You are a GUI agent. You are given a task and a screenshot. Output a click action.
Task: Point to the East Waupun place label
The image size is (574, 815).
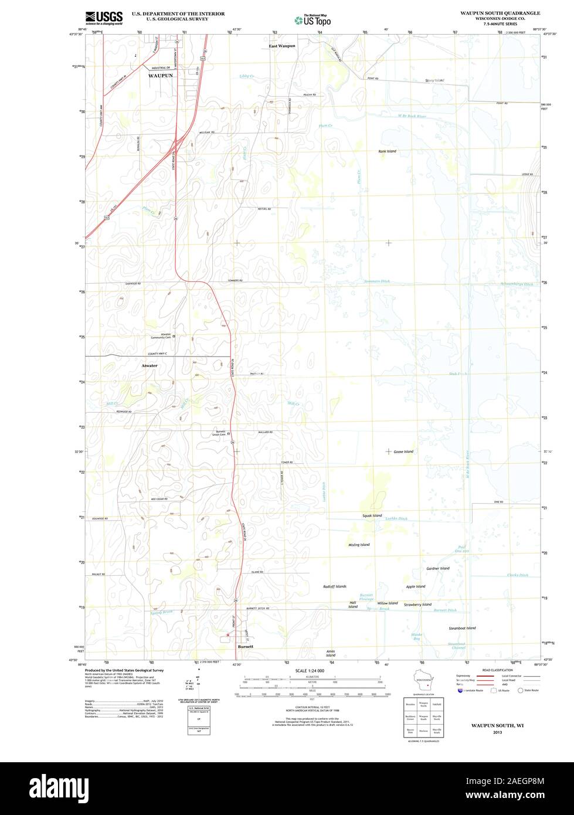point(282,46)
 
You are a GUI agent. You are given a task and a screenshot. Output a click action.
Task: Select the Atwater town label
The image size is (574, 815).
point(150,365)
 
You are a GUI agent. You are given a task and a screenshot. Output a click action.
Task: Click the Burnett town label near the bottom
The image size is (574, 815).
point(246,646)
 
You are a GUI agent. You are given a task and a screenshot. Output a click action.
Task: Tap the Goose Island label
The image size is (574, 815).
point(403,451)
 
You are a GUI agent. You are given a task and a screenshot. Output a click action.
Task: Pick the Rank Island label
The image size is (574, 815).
point(387,151)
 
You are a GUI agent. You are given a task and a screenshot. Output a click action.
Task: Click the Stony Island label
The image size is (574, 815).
point(435,80)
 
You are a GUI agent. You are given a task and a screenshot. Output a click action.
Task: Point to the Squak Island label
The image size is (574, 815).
point(372,515)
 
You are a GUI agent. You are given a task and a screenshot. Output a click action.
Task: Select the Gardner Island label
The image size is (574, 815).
point(438,568)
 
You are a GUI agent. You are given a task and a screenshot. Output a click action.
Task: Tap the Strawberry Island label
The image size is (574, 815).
point(417,605)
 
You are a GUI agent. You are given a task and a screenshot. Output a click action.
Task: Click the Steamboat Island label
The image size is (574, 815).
point(462,628)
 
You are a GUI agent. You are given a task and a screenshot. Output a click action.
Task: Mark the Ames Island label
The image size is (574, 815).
point(331,653)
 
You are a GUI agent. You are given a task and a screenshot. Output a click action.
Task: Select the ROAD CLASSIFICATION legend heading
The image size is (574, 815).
point(497,670)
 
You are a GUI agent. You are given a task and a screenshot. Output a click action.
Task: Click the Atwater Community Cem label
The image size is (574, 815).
point(161,336)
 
